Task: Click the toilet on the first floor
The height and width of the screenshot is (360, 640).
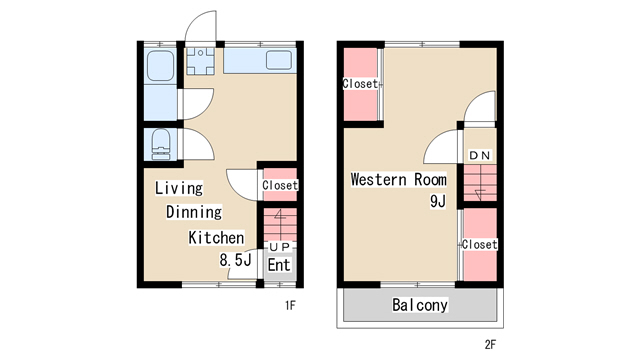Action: pyautogui.click(x=161, y=144)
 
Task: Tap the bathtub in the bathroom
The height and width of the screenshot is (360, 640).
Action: pyautogui.click(x=160, y=66)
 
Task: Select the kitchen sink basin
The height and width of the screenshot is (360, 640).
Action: pyautogui.click(x=279, y=60)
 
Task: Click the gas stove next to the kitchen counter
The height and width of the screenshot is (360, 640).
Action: pyautogui.click(x=200, y=61)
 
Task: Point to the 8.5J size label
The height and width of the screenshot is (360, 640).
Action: pyautogui.click(x=235, y=260)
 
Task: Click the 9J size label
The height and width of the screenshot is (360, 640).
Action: pyautogui.click(x=438, y=201)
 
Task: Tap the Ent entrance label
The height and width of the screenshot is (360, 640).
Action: pyautogui.click(x=279, y=265)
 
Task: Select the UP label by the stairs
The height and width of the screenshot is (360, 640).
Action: pyautogui.click(x=280, y=247)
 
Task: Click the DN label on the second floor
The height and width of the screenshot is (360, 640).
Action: pyautogui.click(x=480, y=155)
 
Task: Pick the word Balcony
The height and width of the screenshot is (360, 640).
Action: pyautogui.click(x=420, y=305)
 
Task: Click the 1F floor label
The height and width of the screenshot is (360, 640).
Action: pyautogui.click(x=290, y=305)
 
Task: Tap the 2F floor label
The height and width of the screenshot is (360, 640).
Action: pyautogui.click(x=490, y=344)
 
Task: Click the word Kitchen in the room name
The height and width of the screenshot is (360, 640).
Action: pyautogui.click(x=216, y=238)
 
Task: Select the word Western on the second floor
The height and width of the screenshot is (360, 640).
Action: pyautogui.click(x=378, y=180)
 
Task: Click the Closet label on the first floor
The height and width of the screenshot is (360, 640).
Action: pyautogui.click(x=280, y=185)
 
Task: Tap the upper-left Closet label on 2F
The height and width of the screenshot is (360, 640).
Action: pyautogui.click(x=360, y=84)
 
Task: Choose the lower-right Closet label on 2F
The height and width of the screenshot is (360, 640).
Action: pyautogui.click(x=480, y=244)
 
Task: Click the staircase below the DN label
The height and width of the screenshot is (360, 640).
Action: pyautogui.click(x=480, y=183)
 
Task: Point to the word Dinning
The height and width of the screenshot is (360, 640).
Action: pyautogui.click(x=194, y=212)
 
